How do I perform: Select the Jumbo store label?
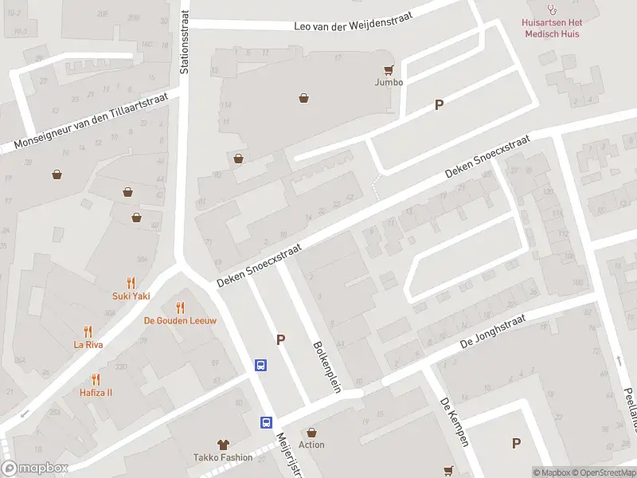pyautogui.click(x=389, y=82)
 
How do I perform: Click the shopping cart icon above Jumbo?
pyautogui.click(x=389, y=70)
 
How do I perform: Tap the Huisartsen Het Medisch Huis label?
pyautogui.click(x=562, y=28)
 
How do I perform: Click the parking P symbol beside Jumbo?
pyautogui.click(x=439, y=104)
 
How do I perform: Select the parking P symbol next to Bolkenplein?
pyautogui.click(x=280, y=339)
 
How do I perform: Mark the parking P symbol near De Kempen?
pyautogui.click(x=516, y=443)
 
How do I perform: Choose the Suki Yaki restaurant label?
pyautogui.click(x=131, y=296)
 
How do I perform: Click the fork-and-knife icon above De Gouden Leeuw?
pyautogui.click(x=180, y=308)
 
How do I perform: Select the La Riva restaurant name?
pyautogui.click(x=88, y=345)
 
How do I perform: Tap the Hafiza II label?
pyautogui.click(x=96, y=393)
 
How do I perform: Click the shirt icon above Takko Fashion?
pyautogui.click(x=223, y=445)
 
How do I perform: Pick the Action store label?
pyautogui.click(x=311, y=445)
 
